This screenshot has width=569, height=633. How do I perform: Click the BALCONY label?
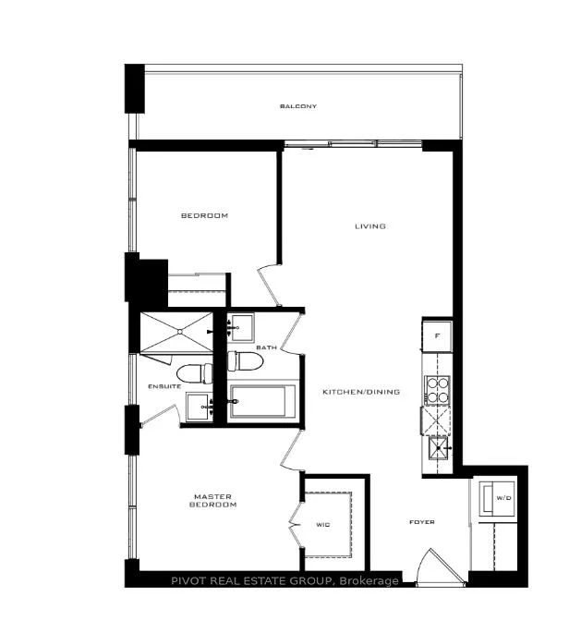coord(298,106)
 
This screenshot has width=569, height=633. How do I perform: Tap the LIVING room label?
coord(370,226)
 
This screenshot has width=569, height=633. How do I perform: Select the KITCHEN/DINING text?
coord(361,392)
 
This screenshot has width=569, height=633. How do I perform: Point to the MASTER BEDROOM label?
coord(212,501)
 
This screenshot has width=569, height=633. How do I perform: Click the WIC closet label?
coord(323,524)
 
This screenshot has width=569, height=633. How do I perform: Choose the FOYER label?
coord(422,522)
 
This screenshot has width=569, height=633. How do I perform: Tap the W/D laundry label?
coord(503,498)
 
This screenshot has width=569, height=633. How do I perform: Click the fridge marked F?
coord(437,335)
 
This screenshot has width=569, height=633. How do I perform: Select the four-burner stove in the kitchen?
coord(437,390)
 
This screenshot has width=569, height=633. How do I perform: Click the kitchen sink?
coord(439,447)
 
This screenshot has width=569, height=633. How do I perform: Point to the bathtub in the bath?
coord(262,402)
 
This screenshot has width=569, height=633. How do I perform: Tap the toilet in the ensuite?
coord(195,374)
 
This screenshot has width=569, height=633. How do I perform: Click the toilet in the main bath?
coord(246,361)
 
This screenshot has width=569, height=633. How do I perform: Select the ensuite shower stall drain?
coord(180,332)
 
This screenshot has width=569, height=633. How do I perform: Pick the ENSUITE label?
coord(164,386)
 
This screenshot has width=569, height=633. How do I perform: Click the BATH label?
coord(266,347)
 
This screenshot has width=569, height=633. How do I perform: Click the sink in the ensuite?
coord(200,407)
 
